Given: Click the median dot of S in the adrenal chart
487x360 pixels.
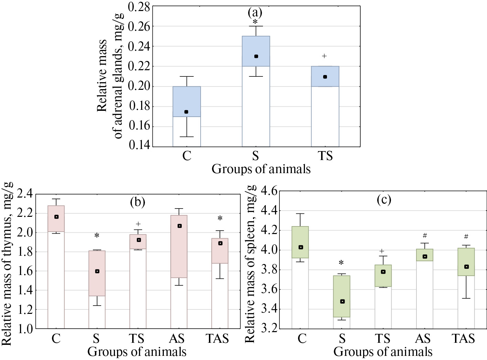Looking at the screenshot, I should click(256, 56).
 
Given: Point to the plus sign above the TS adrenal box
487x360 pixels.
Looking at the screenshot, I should click(324, 56).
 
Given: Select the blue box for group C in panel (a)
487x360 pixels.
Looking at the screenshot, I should click(187, 102).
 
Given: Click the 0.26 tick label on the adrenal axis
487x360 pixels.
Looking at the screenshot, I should click(139, 26).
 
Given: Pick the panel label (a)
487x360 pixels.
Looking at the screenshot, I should click(255, 13).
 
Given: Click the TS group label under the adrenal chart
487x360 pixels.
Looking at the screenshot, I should click(325, 156).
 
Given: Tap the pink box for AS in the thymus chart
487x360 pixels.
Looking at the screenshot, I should click(179, 246).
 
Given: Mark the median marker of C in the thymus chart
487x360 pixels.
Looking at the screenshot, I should click(56, 217).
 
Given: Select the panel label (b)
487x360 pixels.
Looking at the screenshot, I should click(138, 202).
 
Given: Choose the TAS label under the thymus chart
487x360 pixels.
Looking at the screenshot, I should click(217, 339).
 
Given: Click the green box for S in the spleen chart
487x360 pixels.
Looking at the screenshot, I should click(342, 296).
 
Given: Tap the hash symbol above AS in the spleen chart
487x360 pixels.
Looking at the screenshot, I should click(425, 236).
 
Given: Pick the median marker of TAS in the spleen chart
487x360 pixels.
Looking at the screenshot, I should click(466, 267).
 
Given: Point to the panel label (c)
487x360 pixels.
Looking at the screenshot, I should click(384, 200).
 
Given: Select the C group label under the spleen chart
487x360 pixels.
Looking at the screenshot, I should click(302, 339).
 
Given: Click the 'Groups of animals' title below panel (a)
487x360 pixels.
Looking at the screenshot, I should click(261, 169).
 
